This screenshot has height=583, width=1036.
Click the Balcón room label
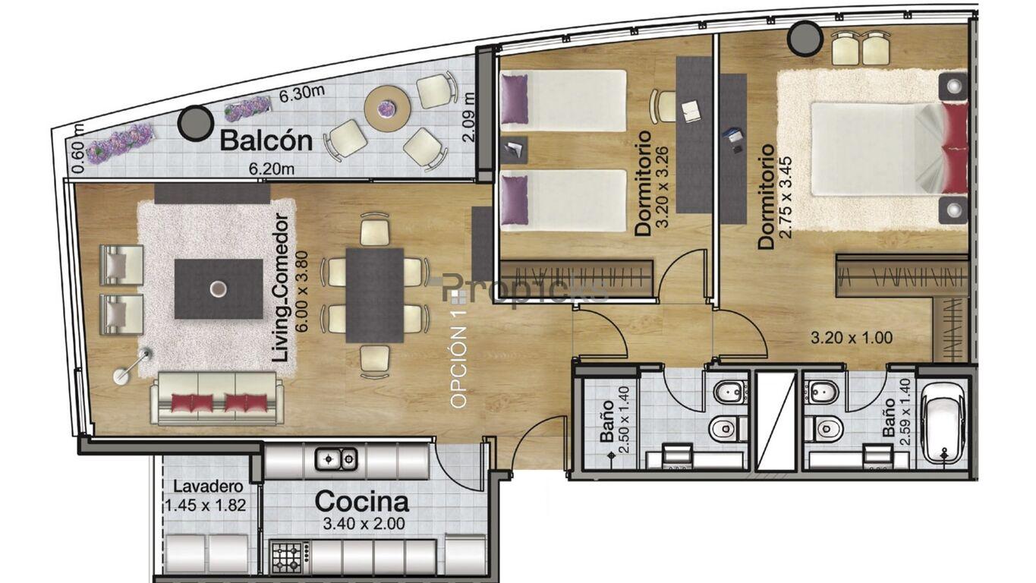[x=266, y=140]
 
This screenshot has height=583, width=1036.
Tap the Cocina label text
[x=362, y=502]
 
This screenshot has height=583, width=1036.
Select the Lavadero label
[x=208, y=487]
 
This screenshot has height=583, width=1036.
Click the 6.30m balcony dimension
[x=301, y=93]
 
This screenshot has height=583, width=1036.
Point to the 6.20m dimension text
[x=272, y=169]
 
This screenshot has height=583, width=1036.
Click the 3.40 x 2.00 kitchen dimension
[x=364, y=524]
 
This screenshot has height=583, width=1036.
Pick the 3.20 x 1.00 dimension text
[x=852, y=338]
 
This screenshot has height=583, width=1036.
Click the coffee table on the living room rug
[x=219, y=288]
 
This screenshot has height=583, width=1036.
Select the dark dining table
[x=375, y=295]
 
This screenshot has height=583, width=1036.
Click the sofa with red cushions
[x=216, y=398]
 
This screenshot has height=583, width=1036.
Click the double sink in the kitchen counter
[x=336, y=459]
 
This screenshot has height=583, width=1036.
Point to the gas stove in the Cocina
[x=291, y=557]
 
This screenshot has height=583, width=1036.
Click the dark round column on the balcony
[x=195, y=123]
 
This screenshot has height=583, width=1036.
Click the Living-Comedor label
[x=282, y=288]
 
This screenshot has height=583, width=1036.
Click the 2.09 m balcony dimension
[x=468, y=118]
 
